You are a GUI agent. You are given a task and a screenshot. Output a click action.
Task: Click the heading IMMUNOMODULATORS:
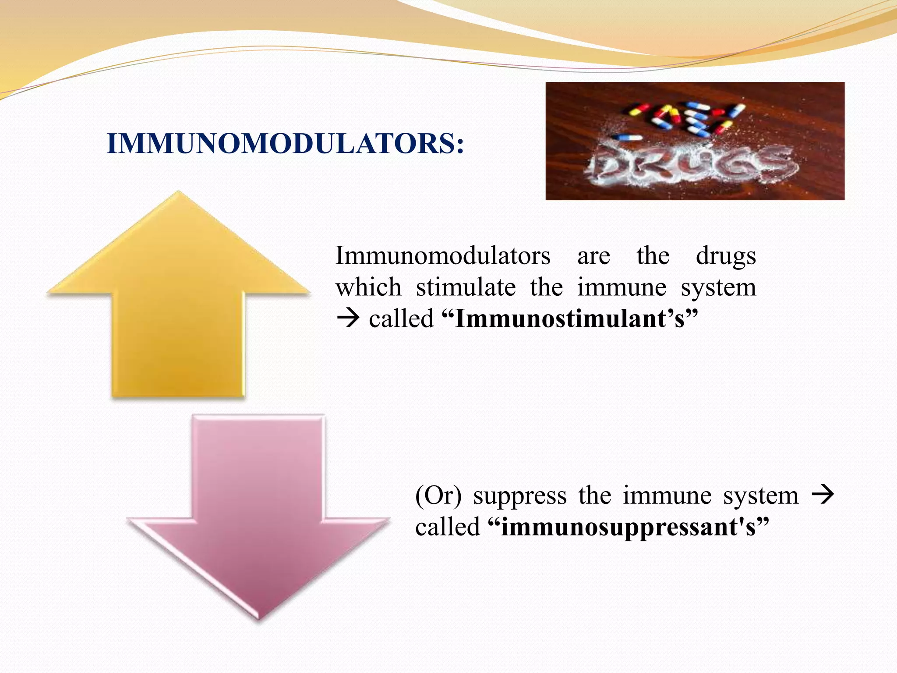point(285,144)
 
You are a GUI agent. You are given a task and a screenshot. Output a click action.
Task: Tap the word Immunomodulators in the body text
point(442,256)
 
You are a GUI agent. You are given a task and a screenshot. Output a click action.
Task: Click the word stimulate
point(466,288)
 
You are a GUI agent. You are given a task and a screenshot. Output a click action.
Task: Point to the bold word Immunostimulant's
point(569,319)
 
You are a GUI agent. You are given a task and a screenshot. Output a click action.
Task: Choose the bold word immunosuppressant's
point(628,527)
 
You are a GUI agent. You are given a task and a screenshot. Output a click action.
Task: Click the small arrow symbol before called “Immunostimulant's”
point(348,319)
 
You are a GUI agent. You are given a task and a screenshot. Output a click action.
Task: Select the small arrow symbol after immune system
point(823,495)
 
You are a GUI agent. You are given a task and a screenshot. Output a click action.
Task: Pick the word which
point(368,288)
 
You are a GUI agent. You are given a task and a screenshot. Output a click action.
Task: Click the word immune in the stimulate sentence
point(622,288)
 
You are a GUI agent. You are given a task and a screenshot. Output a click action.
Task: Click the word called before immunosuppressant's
point(447,527)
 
